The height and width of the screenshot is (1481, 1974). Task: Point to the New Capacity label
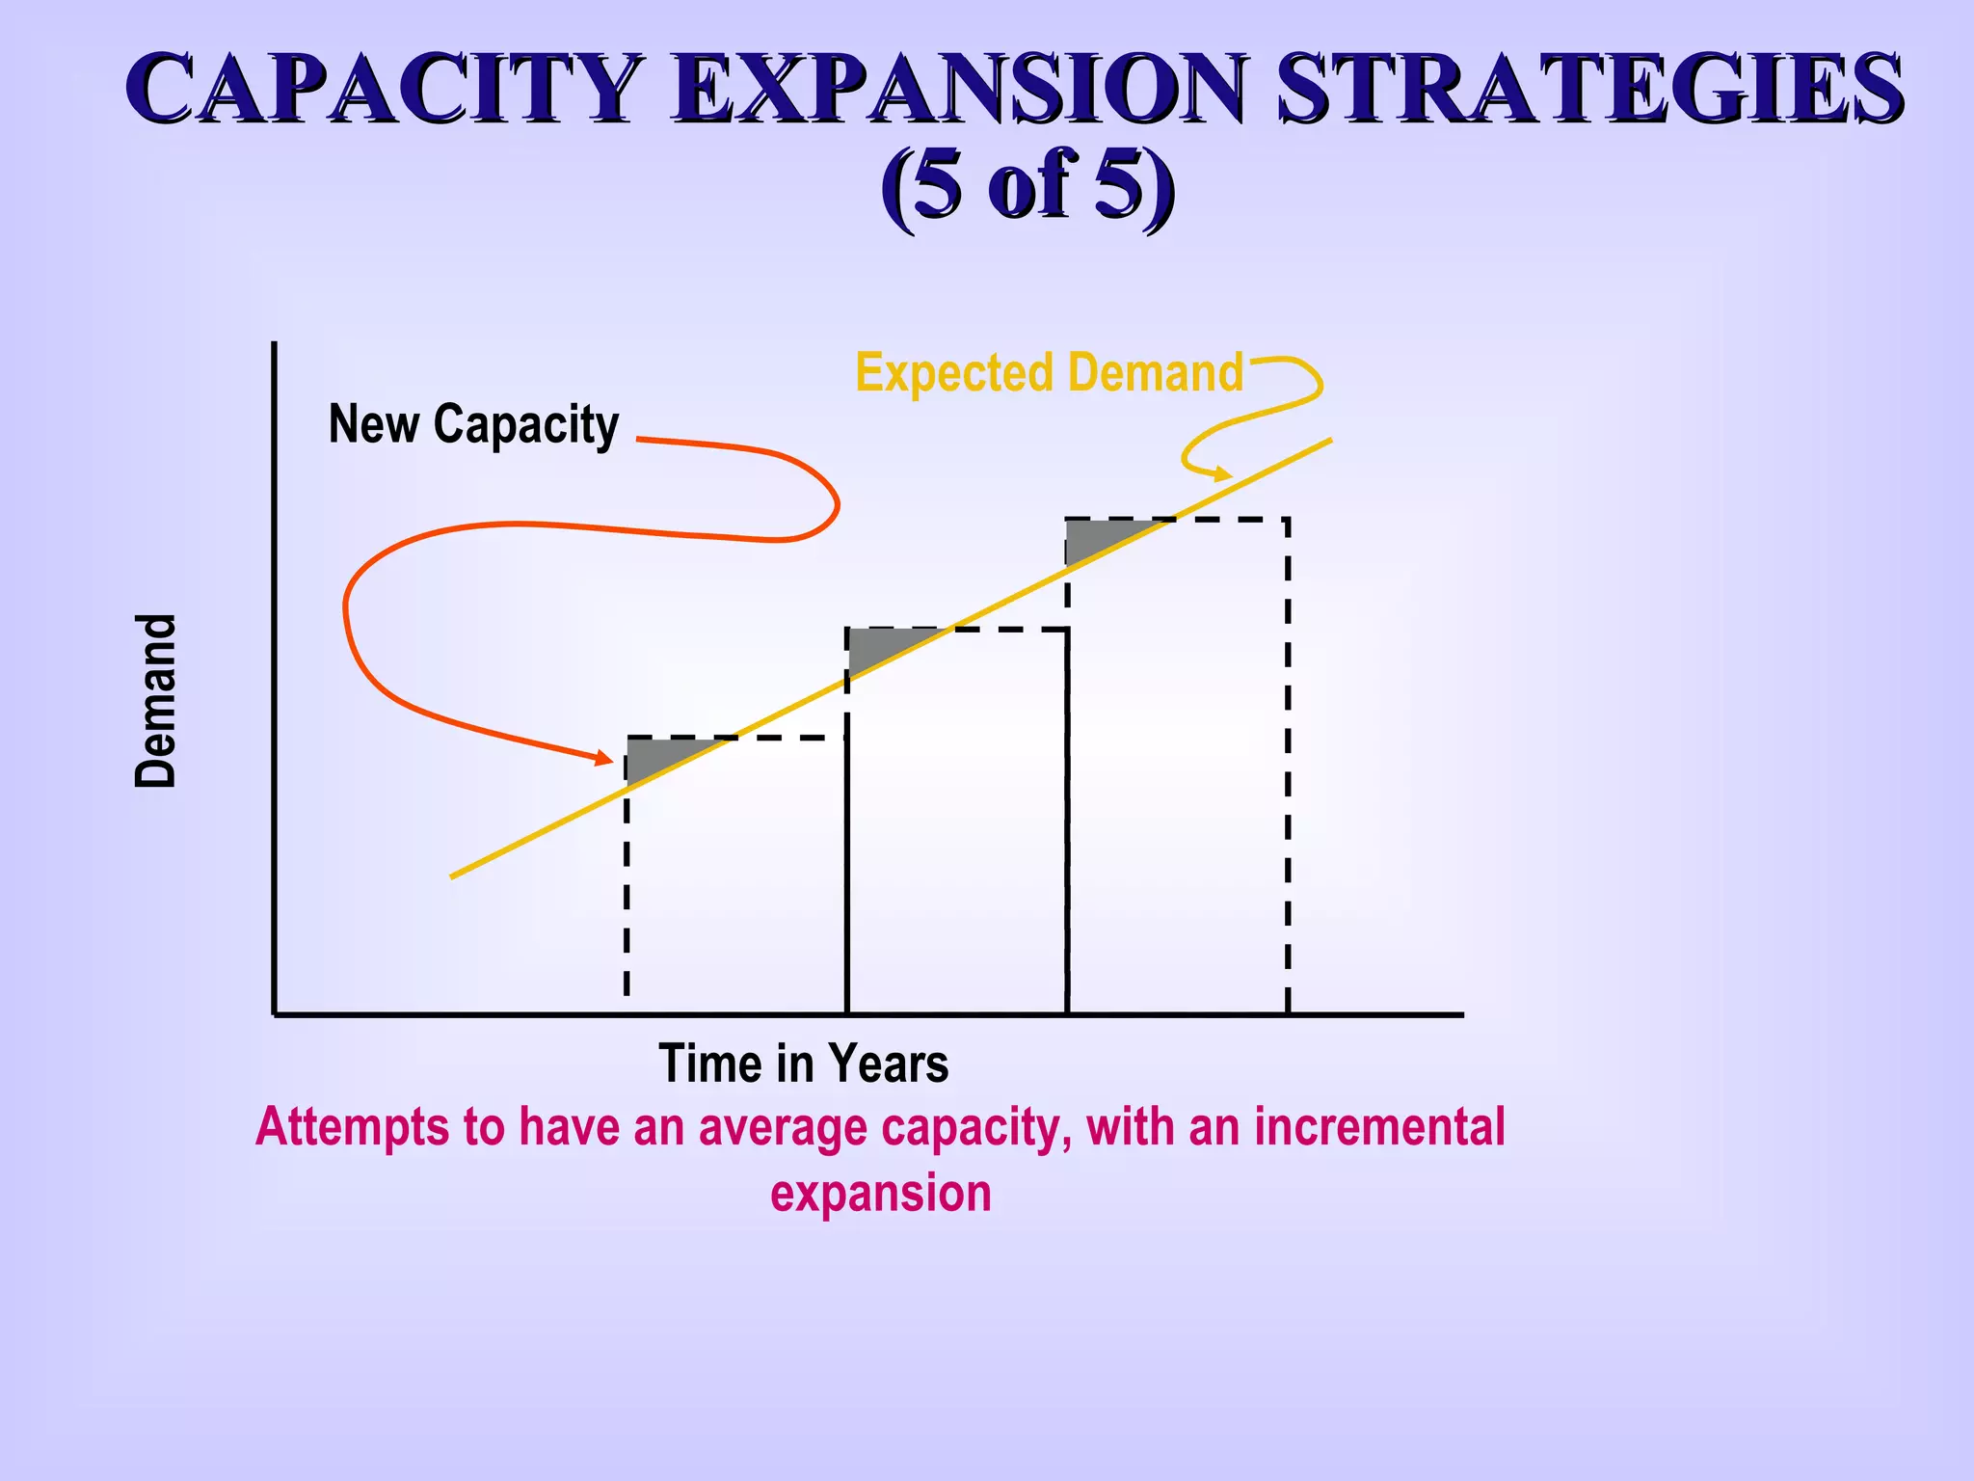473,424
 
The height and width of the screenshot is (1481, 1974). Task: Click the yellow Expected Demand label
1049,373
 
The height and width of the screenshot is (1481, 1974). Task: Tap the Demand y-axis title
156,701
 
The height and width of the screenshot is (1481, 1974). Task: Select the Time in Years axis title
803,1064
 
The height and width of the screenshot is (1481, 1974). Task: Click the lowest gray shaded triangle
660,754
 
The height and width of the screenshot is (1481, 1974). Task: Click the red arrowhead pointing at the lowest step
604,759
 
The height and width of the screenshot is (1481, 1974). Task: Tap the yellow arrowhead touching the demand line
1223,473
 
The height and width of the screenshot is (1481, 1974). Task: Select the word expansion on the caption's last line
880,1194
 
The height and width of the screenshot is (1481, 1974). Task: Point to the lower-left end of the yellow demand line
453,876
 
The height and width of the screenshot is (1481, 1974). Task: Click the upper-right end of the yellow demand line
1329,441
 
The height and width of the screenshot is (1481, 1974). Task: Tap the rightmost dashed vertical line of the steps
1288,771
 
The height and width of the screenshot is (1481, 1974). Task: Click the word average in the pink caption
782,1127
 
